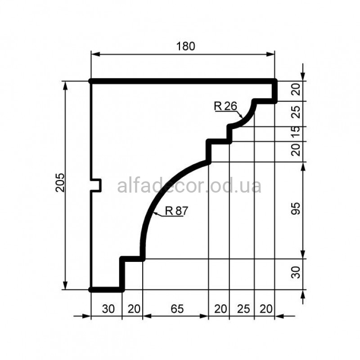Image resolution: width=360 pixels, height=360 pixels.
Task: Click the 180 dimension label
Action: point(185,46)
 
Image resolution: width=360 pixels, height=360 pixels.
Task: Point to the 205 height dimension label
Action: point(60,183)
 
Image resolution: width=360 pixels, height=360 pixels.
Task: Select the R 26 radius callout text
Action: point(225,106)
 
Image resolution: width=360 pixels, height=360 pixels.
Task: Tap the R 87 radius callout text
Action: point(176,211)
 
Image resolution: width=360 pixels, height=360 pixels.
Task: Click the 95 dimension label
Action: point(296,208)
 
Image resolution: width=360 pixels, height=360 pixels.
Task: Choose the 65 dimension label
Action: point(177,309)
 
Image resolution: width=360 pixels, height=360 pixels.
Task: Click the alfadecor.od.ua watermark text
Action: point(189,186)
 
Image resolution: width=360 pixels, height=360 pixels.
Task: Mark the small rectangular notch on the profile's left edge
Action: point(96,185)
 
